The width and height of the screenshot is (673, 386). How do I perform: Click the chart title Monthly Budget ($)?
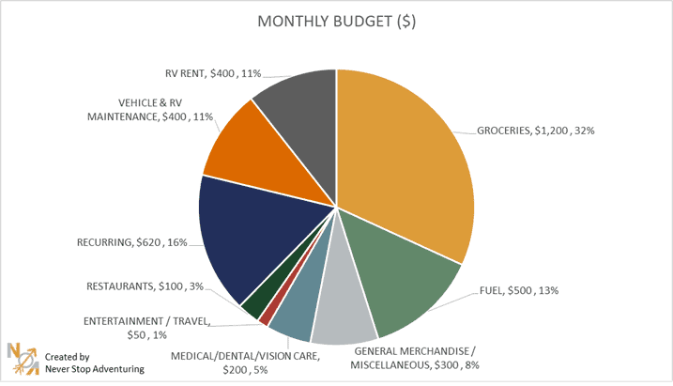click(x=337, y=22)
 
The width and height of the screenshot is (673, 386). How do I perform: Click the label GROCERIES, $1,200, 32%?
click(x=536, y=131)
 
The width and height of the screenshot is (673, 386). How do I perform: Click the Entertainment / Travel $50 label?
click(x=145, y=328)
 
